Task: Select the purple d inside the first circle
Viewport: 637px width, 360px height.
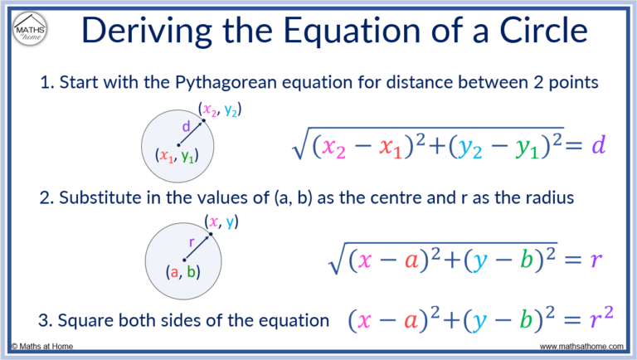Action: pyautogui.click(x=185, y=127)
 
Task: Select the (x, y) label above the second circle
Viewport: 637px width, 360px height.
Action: pyautogui.click(x=222, y=221)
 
